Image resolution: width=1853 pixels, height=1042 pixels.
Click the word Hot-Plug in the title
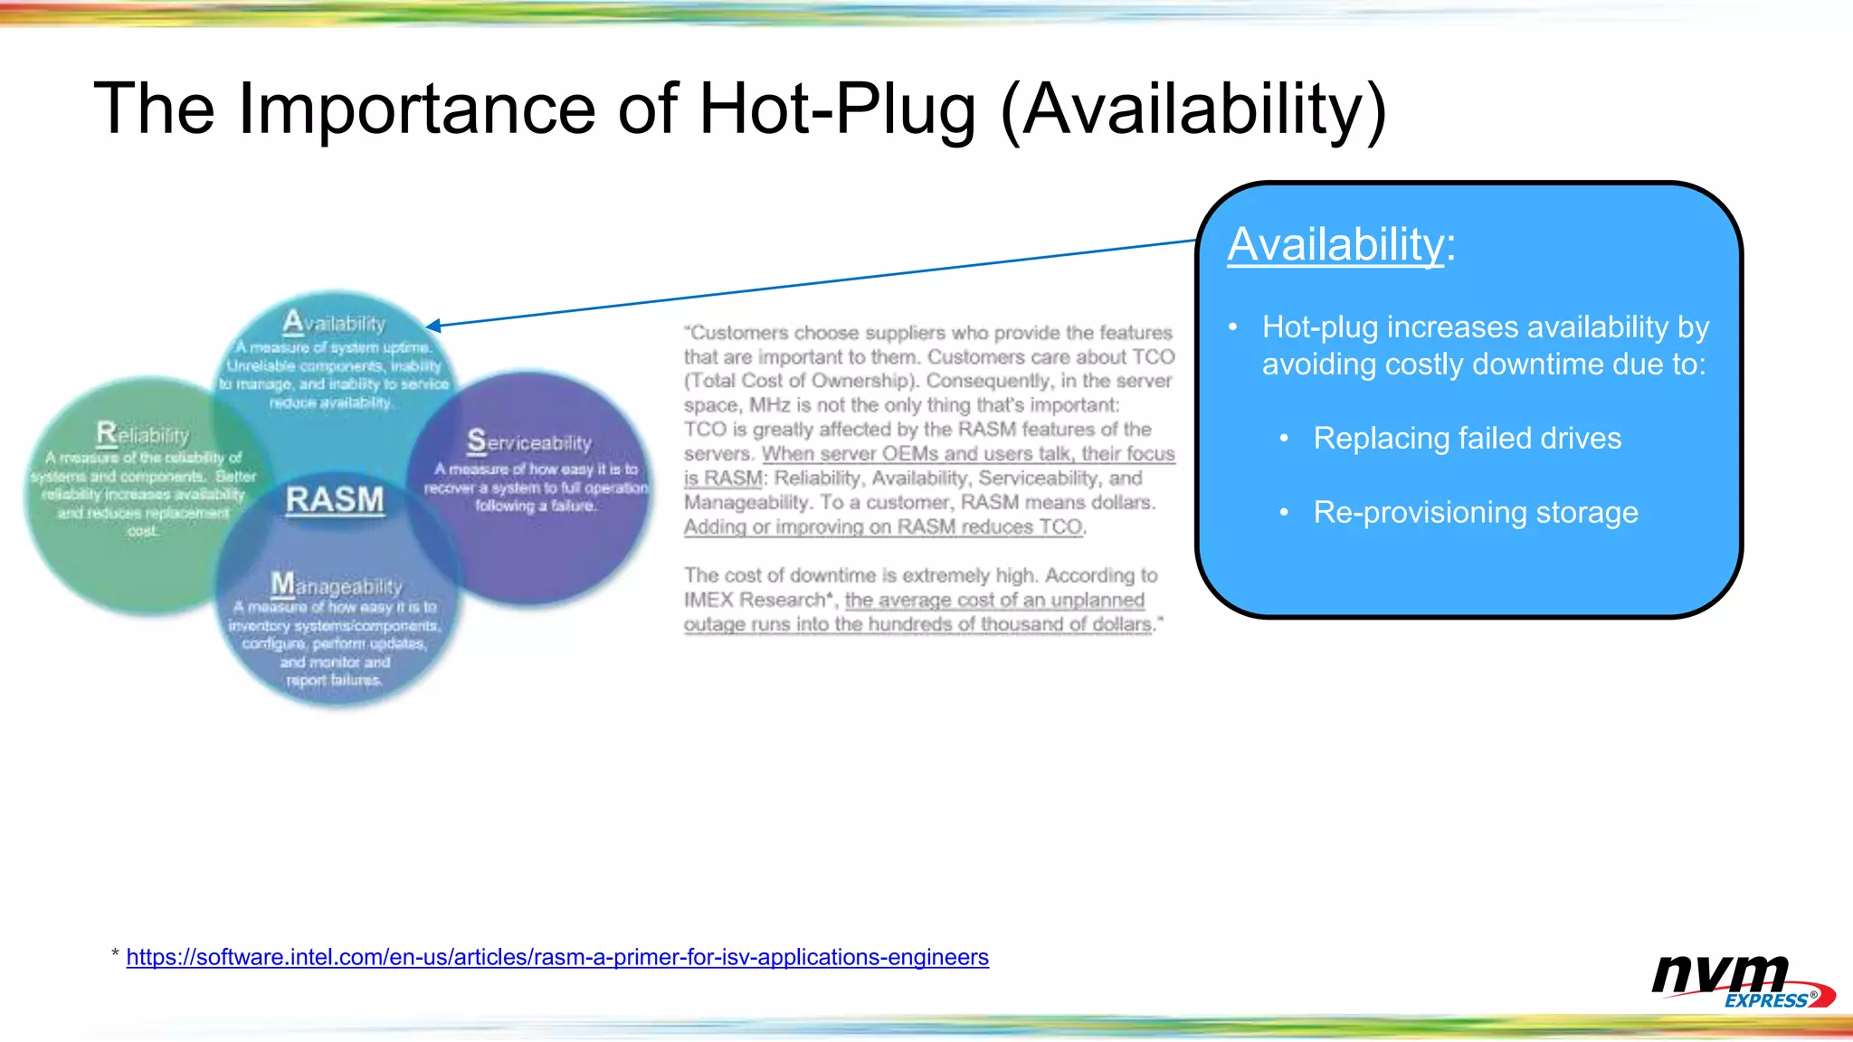point(837,109)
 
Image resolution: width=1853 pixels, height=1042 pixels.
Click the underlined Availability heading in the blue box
point(1335,245)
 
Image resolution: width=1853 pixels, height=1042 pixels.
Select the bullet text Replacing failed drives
point(1467,439)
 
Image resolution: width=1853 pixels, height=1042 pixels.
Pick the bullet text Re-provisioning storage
point(1475,513)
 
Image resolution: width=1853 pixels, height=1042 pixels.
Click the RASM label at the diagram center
point(335,499)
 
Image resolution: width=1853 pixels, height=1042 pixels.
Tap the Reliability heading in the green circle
point(143,435)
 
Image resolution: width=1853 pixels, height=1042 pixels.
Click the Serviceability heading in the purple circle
point(529,442)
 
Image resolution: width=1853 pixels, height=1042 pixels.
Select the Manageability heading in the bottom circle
point(336,586)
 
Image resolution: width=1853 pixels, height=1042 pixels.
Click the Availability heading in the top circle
point(334,323)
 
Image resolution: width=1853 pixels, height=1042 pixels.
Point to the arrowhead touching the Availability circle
point(433,326)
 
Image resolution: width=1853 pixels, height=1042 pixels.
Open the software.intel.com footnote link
point(557,957)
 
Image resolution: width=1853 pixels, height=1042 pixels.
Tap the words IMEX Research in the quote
point(755,600)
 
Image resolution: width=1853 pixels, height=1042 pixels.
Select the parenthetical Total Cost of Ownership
point(797,381)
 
